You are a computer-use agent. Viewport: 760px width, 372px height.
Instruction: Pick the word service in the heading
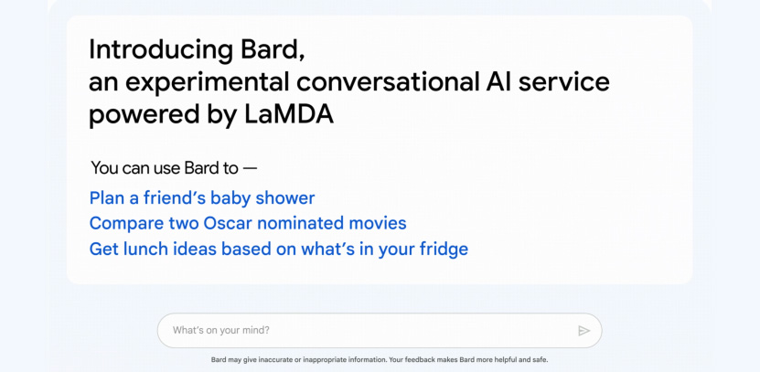click(563, 81)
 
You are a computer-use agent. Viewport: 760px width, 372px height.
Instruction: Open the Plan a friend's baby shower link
click(202, 198)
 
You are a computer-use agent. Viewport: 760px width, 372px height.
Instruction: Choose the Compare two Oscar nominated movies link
click(248, 223)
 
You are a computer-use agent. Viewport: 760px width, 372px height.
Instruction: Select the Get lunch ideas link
click(279, 249)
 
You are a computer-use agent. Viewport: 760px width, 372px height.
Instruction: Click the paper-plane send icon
click(584, 331)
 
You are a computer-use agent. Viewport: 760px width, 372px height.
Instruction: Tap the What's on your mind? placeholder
click(221, 331)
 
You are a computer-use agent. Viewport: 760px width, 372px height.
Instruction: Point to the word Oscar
click(228, 223)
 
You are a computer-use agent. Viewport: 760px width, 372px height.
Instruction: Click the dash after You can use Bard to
click(250, 168)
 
